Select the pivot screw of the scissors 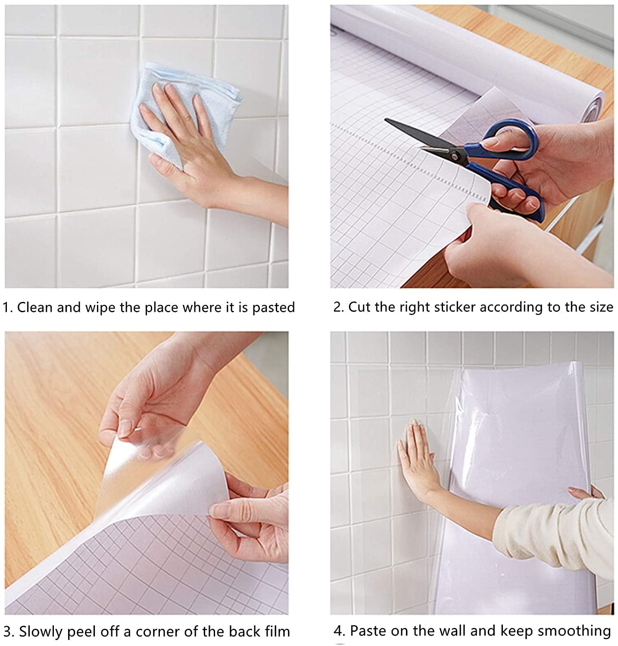tap(453, 154)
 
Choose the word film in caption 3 tap(276, 631)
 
